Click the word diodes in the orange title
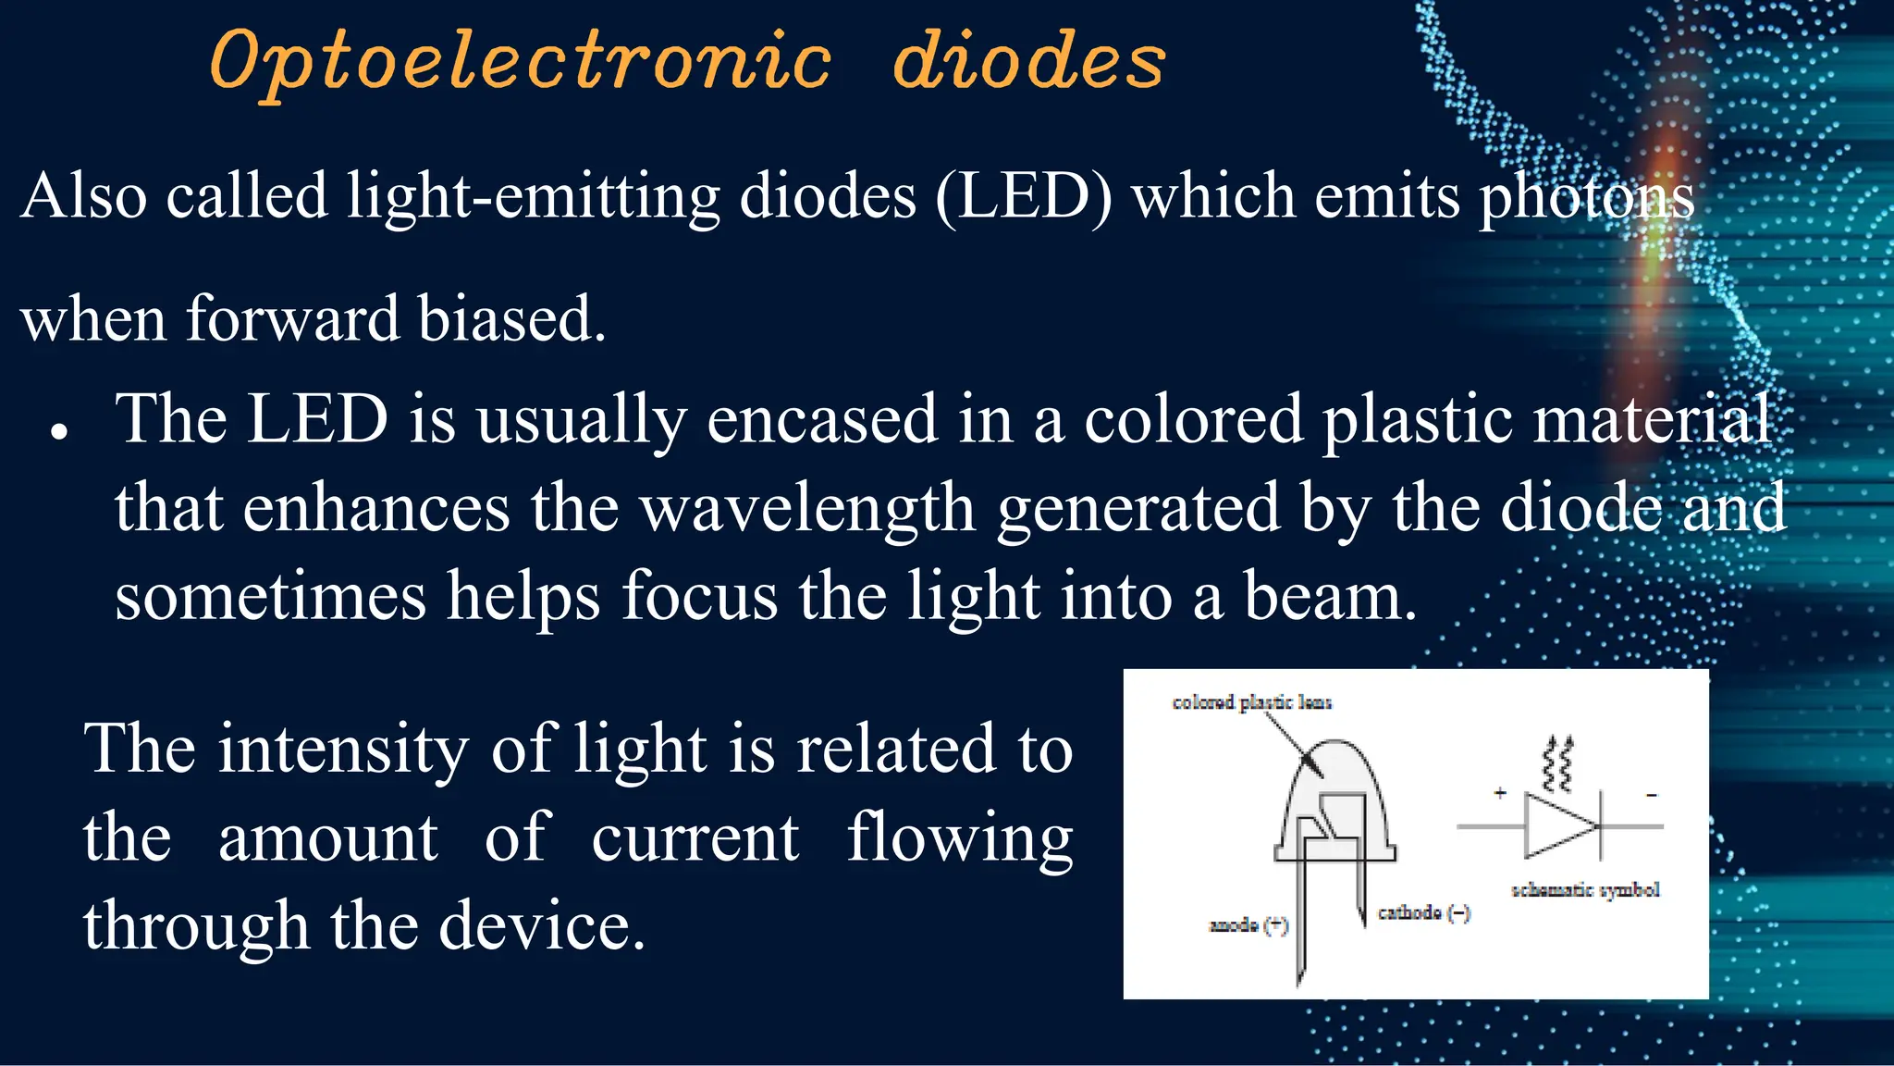(x=1028, y=61)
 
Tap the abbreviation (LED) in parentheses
(x=1024, y=196)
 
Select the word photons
(x=1586, y=198)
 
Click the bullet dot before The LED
(x=60, y=431)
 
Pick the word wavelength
(x=807, y=508)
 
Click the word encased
(x=822, y=419)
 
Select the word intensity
(x=343, y=748)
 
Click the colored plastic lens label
(x=1251, y=702)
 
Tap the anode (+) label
(x=1248, y=925)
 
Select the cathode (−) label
(x=1422, y=913)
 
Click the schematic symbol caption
(x=1584, y=890)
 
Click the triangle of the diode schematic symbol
(x=1556, y=826)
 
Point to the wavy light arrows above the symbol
(x=1558, y=764)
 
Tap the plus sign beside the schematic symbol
(x=1499, y=793)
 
